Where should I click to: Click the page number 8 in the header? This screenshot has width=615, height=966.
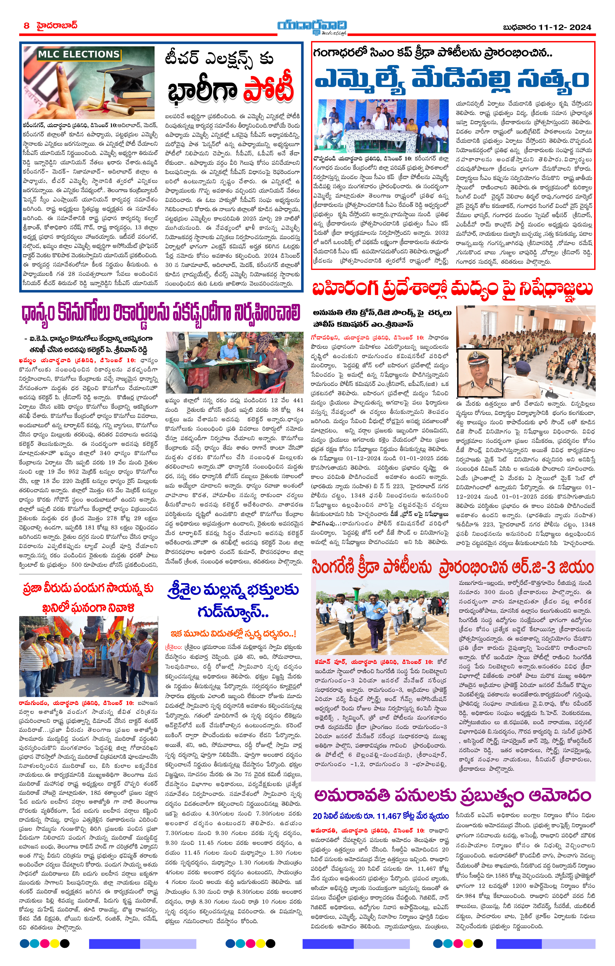(26, 26)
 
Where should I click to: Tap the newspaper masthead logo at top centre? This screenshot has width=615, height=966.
(312, 27)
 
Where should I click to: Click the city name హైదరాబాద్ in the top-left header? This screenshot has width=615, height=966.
(57, 26)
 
